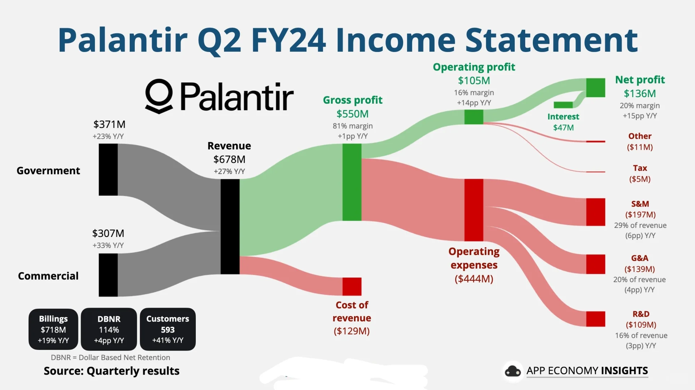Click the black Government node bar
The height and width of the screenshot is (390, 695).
coord(108,169)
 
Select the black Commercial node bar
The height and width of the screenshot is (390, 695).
coord(108,275)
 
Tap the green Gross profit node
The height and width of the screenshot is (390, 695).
coord(352,182)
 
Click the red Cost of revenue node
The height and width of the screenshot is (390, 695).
coord(352,286)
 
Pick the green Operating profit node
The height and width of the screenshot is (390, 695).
coord(474,117)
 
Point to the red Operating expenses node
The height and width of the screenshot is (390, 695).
coord(474,210)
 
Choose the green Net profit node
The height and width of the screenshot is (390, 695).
coord(595,87)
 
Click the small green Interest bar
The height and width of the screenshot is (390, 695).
coord(563,105)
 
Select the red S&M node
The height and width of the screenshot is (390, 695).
coord(595,212)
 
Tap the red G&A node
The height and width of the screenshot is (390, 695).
coord(595,264)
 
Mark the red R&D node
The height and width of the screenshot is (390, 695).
coord(595,319)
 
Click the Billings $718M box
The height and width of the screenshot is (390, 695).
coord(53,329)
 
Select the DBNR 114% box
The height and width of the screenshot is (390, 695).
coord(109,329)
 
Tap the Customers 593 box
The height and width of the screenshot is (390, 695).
coord(168,329)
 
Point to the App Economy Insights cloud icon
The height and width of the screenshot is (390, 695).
coord(513,371)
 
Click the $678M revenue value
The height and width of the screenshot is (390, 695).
coord(229,159)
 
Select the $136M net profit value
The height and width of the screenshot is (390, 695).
coord(640,94)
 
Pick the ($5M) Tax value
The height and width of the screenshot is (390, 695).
coord(640,179)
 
